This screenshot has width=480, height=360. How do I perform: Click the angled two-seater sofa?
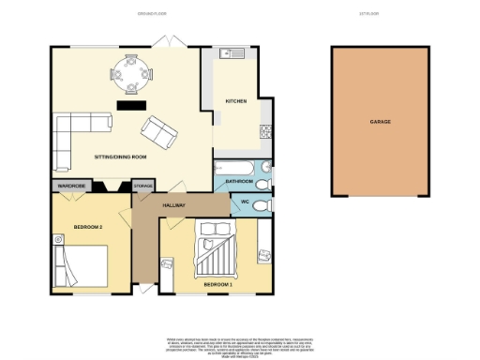(x=157, y=133)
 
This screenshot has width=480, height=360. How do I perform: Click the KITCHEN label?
(x=235, y=100)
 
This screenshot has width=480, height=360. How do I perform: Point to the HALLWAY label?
(x=174, y=204)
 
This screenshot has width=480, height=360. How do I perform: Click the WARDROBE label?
(x=72, y=186)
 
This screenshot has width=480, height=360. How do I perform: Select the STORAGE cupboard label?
(x=143, y=186)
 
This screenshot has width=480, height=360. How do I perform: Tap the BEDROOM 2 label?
(x=86, y=227)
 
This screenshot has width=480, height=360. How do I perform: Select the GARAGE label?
(x=380, y=122)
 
